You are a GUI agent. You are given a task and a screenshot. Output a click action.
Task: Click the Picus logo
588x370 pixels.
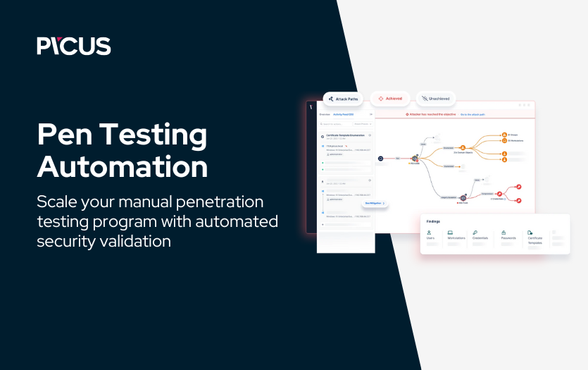tap(74, 46)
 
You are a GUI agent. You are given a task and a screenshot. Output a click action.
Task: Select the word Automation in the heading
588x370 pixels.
tap(123, 168)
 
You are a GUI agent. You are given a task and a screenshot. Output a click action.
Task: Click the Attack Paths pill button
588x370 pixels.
tap(343, 99)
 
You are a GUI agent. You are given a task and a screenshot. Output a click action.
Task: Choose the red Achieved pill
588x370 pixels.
tap(390, 99)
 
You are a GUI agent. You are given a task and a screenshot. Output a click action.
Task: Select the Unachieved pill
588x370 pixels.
tap(437, 99)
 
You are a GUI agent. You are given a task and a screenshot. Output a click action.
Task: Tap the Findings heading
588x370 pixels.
tap(434, 221)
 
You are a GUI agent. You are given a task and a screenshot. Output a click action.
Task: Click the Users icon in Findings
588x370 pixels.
tap(429, 232)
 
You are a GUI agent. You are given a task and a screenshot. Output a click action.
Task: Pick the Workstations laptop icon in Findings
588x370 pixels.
tap(450, 232)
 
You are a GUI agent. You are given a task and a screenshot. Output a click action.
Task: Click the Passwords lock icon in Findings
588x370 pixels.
tap(503, 232)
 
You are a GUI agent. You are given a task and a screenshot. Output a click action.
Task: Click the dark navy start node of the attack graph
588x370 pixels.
tap(380, 159)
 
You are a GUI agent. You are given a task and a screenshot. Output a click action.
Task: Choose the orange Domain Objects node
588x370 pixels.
tap(463, 147)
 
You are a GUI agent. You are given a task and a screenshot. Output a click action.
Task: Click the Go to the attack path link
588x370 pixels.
tap(473, 113)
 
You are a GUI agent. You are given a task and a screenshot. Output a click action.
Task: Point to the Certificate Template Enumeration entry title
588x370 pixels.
tap(345, 135)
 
